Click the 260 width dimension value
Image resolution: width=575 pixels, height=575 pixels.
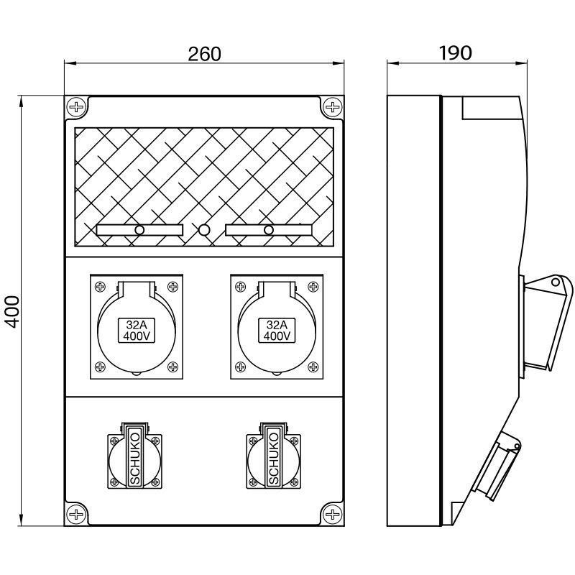204,53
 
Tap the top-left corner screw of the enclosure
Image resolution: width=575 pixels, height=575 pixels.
76,107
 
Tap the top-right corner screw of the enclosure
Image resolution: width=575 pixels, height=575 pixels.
332,107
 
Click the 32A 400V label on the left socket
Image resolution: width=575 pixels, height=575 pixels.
137,330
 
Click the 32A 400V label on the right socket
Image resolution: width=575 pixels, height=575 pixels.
277,330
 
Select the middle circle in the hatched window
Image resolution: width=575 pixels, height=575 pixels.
204,230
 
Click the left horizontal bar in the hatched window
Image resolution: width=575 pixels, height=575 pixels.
139,230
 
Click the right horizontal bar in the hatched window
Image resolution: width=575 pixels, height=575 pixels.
268,230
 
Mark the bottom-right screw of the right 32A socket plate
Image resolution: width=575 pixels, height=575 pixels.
312,367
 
